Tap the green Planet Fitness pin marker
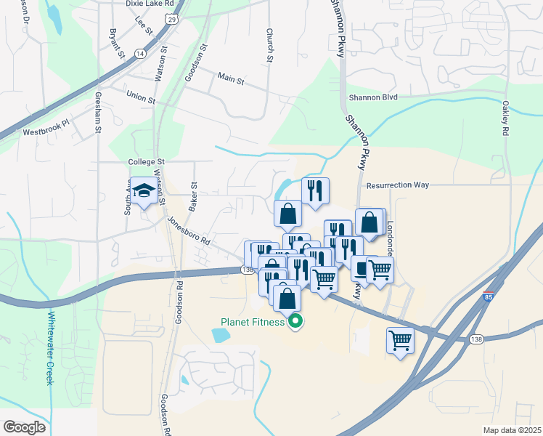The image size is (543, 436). click(x=295, y=322)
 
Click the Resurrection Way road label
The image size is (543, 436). click(x=397, y=185)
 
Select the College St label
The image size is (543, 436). click(x=147, y=162)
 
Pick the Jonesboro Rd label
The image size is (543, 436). click(x=188, y=230)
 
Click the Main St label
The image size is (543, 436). click(x=231, y=78)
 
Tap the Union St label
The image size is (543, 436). click(x=141, y=96)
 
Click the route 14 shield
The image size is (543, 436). click(x=139, y=54)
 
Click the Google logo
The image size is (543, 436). click(x=24, y=427)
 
